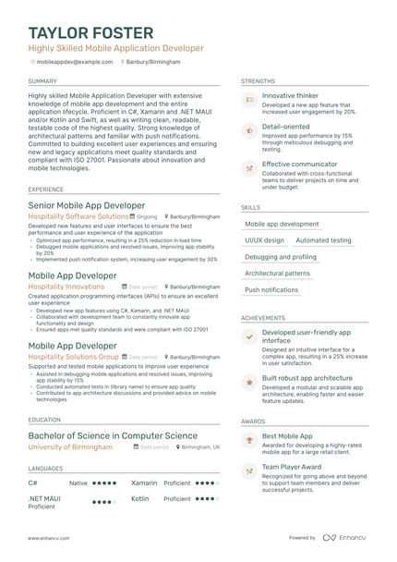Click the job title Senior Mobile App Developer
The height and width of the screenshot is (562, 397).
87,204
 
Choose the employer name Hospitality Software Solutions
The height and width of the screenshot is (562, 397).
78,216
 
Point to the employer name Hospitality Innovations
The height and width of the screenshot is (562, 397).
66,287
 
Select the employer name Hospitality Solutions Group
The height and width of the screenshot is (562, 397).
74,356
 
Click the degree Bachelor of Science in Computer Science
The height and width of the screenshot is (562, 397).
113,435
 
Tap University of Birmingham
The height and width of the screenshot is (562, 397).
70,447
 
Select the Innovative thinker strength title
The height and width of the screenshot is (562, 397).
291,95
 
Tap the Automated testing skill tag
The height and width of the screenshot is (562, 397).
323,240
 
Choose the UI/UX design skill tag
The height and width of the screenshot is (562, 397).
265,240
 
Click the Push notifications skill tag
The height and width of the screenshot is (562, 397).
271,290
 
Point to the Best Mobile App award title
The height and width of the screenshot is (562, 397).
287,434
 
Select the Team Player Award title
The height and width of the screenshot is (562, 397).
293,468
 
